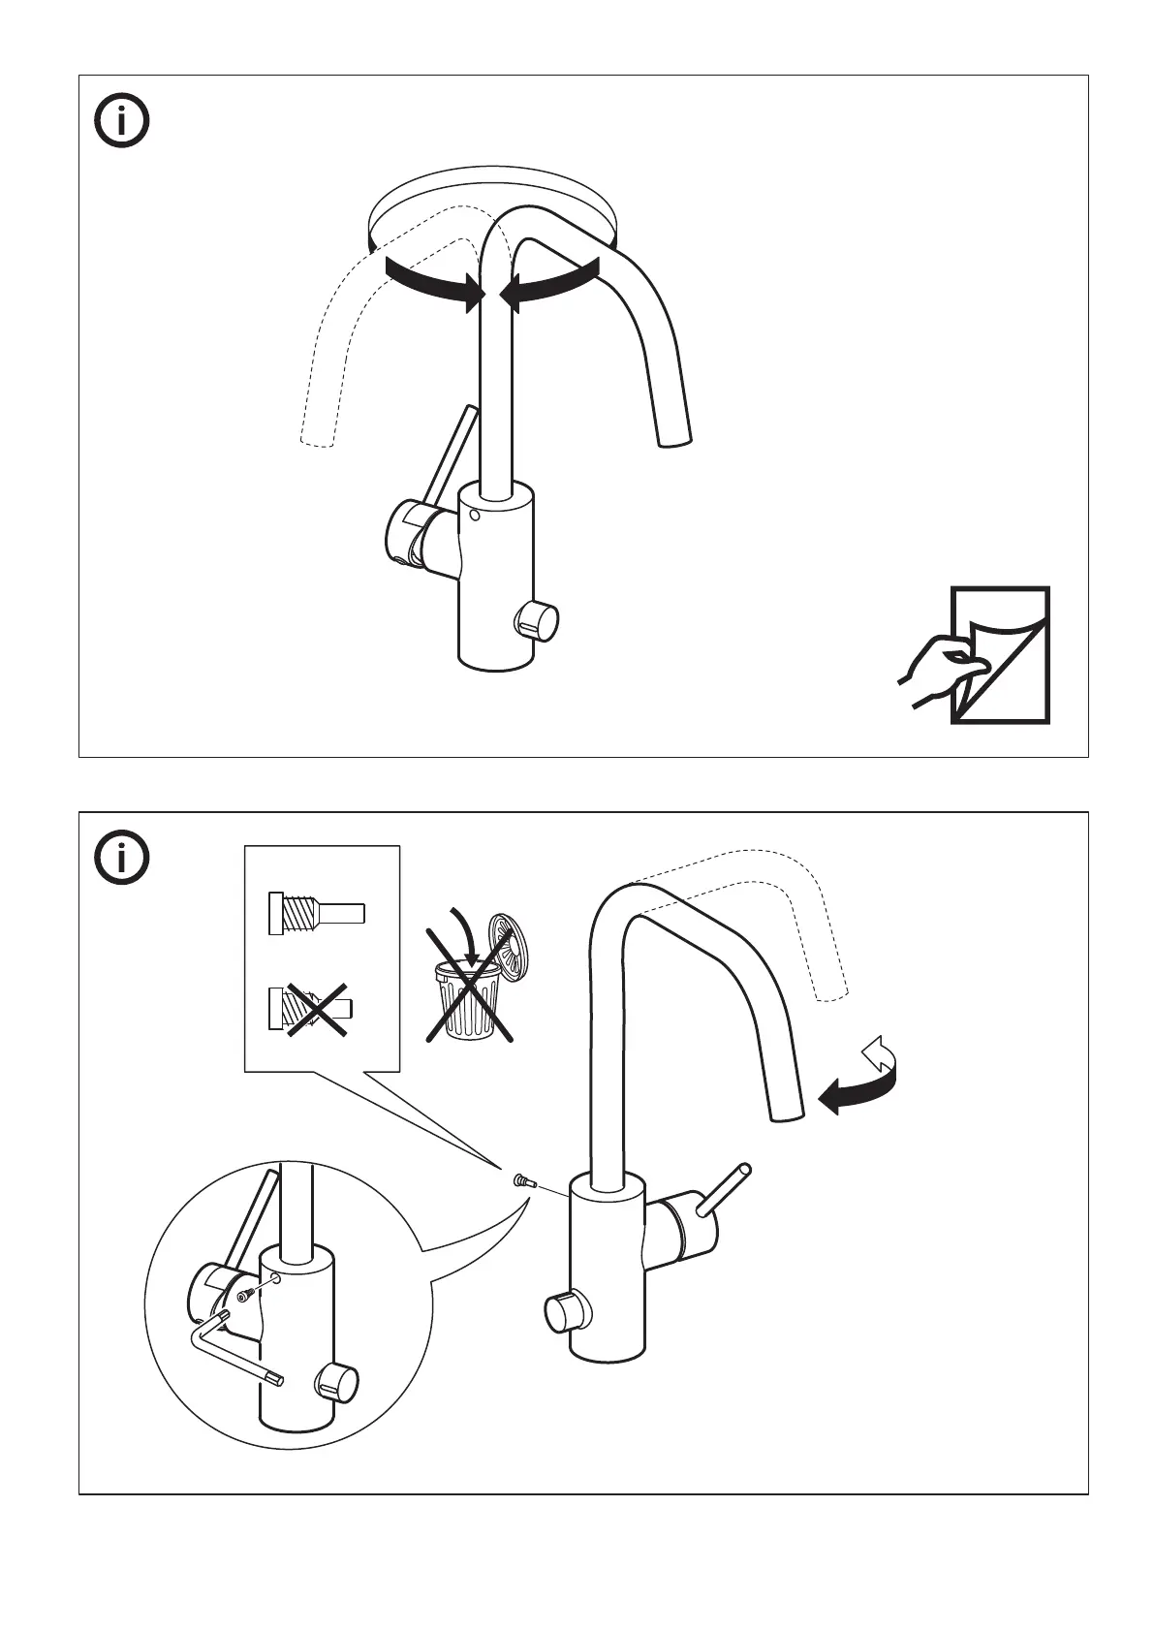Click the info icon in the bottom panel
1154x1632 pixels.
[122, 858]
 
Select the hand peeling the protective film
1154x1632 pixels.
[934, 670]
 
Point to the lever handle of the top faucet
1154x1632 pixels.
[452, 455]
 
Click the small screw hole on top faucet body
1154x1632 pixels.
[473, 517]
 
